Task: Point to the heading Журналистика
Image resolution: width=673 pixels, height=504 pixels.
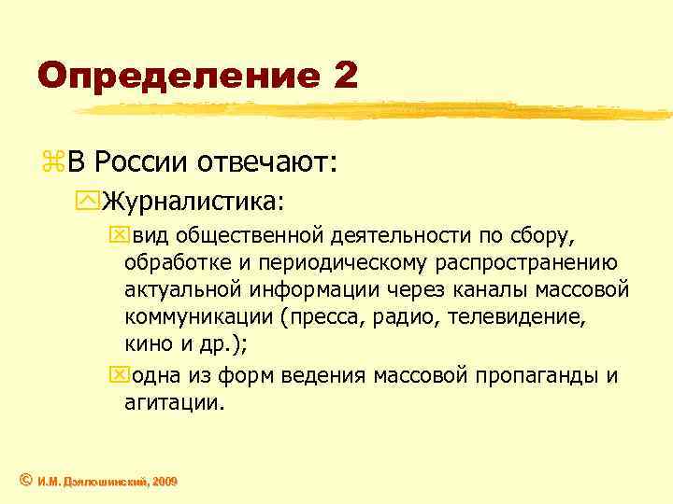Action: (192, 201)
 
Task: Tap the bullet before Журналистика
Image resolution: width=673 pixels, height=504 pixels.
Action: (91, 202)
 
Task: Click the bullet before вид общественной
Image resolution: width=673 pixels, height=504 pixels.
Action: (115, 231)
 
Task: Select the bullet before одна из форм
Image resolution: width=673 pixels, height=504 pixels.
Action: (115, 376)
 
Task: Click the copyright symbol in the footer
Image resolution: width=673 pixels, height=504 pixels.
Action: (26, 480)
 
